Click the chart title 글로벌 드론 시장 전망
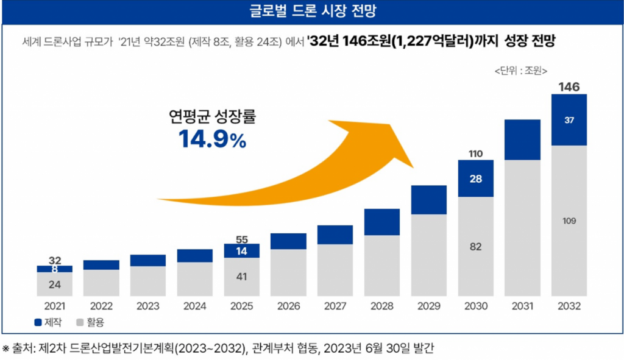point(312,12)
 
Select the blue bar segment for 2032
point(569,120)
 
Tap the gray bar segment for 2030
point(475,246)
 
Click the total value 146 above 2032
point(569,87)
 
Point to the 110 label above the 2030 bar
point(475,153)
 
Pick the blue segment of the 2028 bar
point(381,222)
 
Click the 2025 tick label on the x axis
point(241,306)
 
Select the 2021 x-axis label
point(54,306)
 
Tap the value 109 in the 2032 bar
point(569,221)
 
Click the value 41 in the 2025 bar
point(241,277)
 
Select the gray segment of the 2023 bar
point(148,281)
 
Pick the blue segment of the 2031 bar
point(522,139)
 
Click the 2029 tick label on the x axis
point(428,306)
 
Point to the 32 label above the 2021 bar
point(54,260)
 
